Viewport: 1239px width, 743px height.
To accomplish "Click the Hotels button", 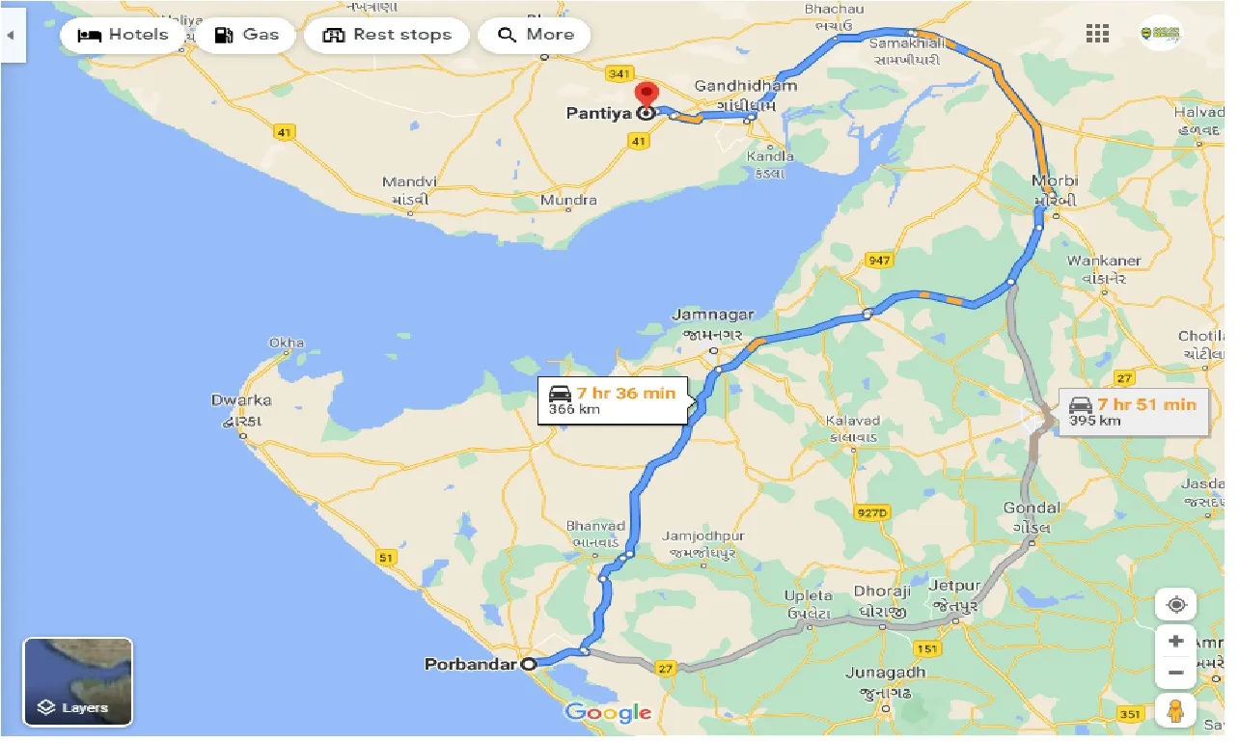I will tap(123, 36).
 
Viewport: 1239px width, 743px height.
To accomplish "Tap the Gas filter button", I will tap(246, 36).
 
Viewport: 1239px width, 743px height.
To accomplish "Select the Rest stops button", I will tap(386, 36).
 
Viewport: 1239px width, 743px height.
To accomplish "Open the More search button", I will tap(536, 36).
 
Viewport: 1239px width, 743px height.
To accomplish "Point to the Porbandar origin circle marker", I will tap(529, 664).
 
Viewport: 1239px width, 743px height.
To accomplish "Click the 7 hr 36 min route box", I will tap(614, 399).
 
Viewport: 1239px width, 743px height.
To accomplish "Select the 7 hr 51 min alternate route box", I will tap(1132, 411).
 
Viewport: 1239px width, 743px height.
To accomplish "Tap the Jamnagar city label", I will tap(712, 316).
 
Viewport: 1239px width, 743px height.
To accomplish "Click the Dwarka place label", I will tap(241, 399).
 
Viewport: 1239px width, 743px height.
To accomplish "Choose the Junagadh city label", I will tap(885, 673).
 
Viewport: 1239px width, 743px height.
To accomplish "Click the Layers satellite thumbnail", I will tap(78, 682).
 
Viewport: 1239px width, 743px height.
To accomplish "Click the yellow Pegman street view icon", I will tap(1174, 711).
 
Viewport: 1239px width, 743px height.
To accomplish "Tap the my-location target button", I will tap(1175, 605).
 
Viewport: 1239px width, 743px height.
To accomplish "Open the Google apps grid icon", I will tap(1097, 35).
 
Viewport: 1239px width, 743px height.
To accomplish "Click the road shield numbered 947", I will tap(879, 261).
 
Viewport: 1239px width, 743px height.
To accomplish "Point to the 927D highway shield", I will tap(870, 512).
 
